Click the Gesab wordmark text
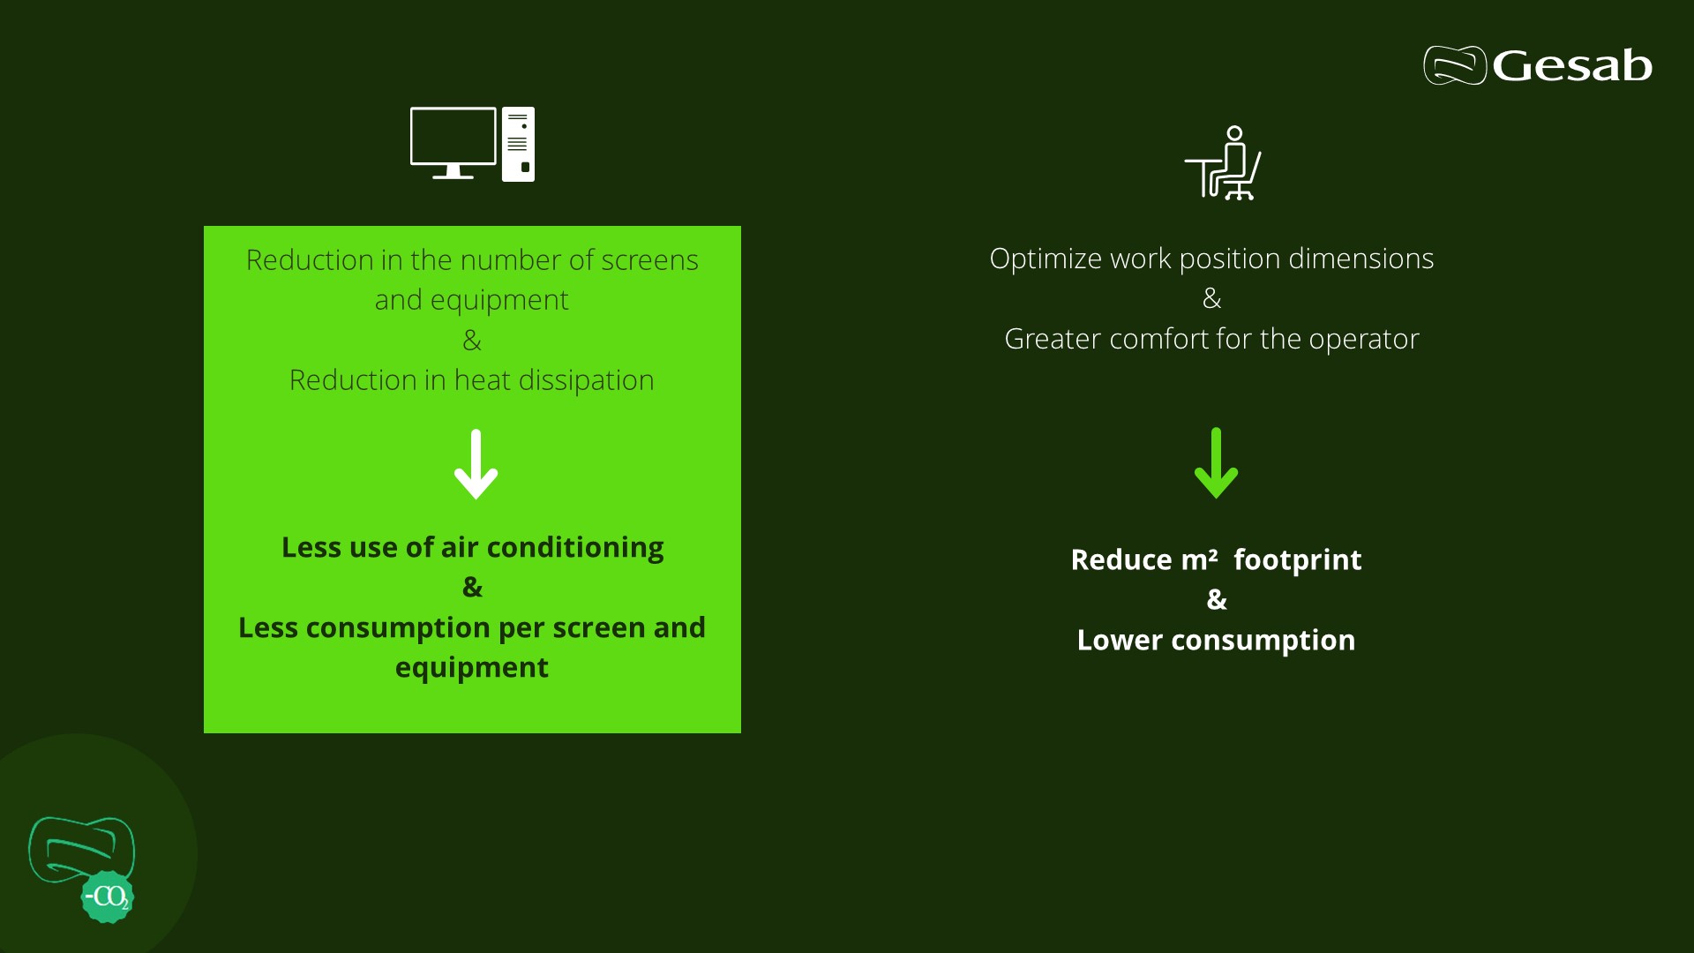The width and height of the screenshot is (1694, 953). (x=1572, y=66)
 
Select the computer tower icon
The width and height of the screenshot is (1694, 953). (x=518, y=145)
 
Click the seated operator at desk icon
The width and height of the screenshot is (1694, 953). (x=1224, y=164)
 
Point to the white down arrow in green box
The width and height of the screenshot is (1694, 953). (x=476, y=465)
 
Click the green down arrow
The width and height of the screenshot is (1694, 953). (x=1216, y=464)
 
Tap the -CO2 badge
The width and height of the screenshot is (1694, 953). (x=108, y=897)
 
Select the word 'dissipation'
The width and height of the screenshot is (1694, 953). (x=586, y=380)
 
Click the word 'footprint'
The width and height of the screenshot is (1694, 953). (x=1297, y=560)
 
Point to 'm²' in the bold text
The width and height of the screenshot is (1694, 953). (x=1199, y=559)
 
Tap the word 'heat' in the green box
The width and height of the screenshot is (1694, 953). (x=482, y=380)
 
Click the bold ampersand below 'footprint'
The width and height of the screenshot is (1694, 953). (x=1217, y=600)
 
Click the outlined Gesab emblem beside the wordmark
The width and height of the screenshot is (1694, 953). (x=1455, y=65)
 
